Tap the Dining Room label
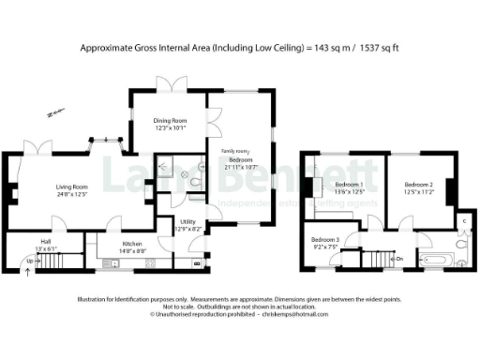pos(171,120)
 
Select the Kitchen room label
pos(131,244)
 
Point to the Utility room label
pos(187,222)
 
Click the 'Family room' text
pos(234,151)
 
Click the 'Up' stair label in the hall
pos(17,259)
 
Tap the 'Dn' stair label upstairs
pos(398,258)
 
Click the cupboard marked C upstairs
pos(463,221)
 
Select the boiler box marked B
pos(195,263)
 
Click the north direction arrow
pos(50,115)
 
